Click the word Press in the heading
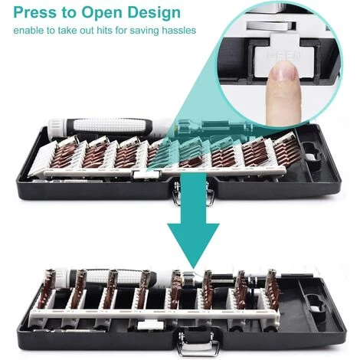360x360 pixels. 34,12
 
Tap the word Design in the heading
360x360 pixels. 154,13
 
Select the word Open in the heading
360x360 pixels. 103,14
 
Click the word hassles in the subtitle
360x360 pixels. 178,31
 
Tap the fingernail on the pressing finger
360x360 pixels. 283,72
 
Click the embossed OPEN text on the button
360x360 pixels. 284,56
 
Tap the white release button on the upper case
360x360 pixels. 146,175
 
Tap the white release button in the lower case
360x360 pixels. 150,325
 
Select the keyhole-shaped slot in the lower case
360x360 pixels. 317,303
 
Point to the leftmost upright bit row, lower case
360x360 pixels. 48,289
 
